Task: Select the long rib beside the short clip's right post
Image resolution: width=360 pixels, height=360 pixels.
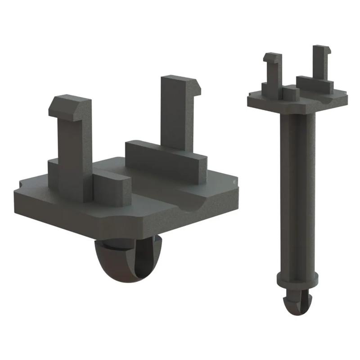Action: pos(166,160)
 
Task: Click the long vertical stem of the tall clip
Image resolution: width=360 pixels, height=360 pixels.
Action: pos(297,189)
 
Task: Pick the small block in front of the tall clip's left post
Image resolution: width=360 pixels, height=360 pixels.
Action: pos(291,93)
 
